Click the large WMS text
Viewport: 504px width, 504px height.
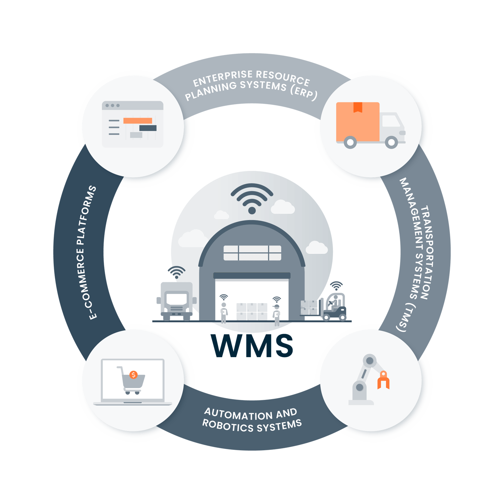(x=252, y=345)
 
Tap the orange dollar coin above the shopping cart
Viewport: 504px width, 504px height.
(x=133, y=375)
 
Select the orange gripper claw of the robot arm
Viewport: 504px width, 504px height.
(x=383, y=381)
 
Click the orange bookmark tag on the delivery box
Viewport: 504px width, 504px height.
(x=358, y=107)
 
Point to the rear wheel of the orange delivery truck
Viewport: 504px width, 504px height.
(x=350, y=142)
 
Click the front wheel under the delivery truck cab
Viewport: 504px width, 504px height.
(x=391, y=142)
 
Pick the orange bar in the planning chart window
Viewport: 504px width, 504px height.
(x=137, y=121)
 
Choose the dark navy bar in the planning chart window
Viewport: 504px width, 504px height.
(x=148, y=128)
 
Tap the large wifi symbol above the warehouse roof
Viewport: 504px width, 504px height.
(x=252, y=198)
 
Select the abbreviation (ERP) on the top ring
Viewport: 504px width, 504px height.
(x=304, y=92)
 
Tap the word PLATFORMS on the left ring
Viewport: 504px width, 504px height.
(x=87, y=215)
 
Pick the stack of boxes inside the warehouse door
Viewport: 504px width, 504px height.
(x=252, y=311)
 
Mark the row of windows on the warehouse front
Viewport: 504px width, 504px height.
(x=252, y=253)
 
